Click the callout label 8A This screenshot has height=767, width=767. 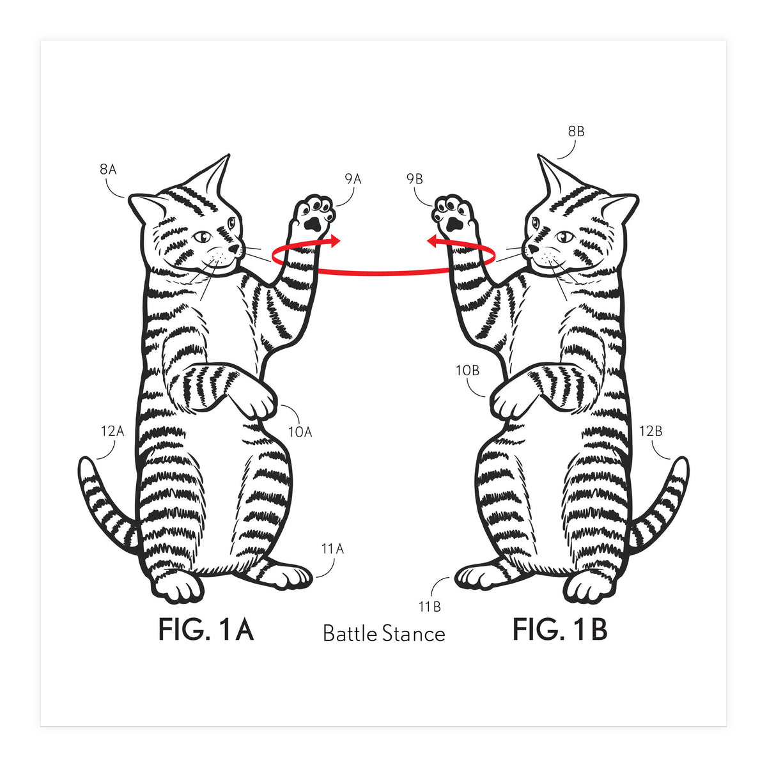tap(108, 169)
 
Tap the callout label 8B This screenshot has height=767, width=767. tap(576, 132)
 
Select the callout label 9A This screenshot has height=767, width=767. tap(353, 180)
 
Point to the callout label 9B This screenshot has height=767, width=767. tap(415, 179)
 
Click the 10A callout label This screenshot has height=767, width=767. tap(300, 432)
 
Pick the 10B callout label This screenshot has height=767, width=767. tap(467, 371)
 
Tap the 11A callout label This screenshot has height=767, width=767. tap(333, 549)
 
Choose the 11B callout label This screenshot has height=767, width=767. tap(430, 607)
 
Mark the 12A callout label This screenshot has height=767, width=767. tap(112, 431)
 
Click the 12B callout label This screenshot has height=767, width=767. tap(651, 431)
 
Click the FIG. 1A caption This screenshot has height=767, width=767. tap(206, 630)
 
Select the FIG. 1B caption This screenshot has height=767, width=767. tap(560, 630)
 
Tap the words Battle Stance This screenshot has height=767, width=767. tap(383, 633)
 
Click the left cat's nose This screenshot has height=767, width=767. tap(234, 249)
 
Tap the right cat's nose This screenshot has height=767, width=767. tap(533, 249)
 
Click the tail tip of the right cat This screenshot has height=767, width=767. tap(683, 464)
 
